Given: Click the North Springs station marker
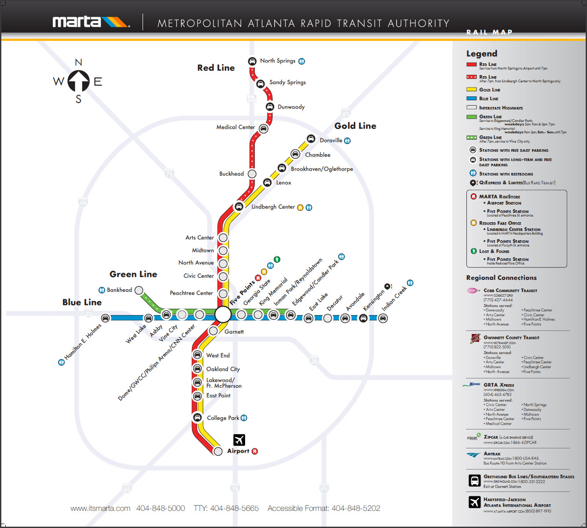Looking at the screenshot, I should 252,61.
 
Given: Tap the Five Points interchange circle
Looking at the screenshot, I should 223,315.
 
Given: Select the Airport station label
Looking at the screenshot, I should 238,451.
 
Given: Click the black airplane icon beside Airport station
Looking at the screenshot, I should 239,440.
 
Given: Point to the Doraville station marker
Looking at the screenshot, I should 311,139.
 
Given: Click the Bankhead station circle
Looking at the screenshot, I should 139,290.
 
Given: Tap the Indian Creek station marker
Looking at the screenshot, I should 383,318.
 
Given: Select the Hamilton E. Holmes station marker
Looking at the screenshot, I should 106,318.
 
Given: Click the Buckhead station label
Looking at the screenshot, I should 231,174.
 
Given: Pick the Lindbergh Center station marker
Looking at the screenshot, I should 238,206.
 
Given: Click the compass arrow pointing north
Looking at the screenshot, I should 78,81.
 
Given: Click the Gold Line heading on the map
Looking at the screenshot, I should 355,126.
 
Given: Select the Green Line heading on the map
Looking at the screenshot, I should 133,274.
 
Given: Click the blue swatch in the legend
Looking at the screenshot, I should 471,99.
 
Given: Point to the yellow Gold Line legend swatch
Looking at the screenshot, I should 471,90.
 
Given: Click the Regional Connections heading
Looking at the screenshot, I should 501,278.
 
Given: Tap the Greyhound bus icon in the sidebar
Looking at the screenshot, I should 474,480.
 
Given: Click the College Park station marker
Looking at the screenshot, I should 197,417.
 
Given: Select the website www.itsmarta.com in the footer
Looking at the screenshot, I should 100,509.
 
